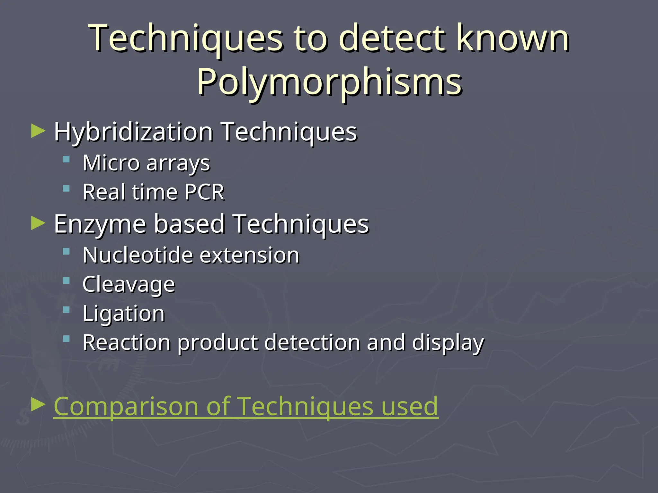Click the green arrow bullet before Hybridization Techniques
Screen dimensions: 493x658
pos(38,131)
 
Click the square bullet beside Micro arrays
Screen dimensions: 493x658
pos(66,160)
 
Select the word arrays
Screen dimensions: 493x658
pos(178,163)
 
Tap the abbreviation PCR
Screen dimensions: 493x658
pos(204,192)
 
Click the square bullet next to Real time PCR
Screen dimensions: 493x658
pos(66,188)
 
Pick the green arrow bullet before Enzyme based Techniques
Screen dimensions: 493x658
pos(38,223)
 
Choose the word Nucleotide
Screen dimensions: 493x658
pos(138,255)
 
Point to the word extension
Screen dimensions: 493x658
pos(250,255)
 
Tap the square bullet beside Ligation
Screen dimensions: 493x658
pos(66,310)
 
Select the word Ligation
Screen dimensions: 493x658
pos(123,314)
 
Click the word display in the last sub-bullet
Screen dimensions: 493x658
pos(448,343)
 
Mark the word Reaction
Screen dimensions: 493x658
pos(126,342)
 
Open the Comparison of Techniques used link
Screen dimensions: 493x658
pos(245,406)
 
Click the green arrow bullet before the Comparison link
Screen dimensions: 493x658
pos(38,405)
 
